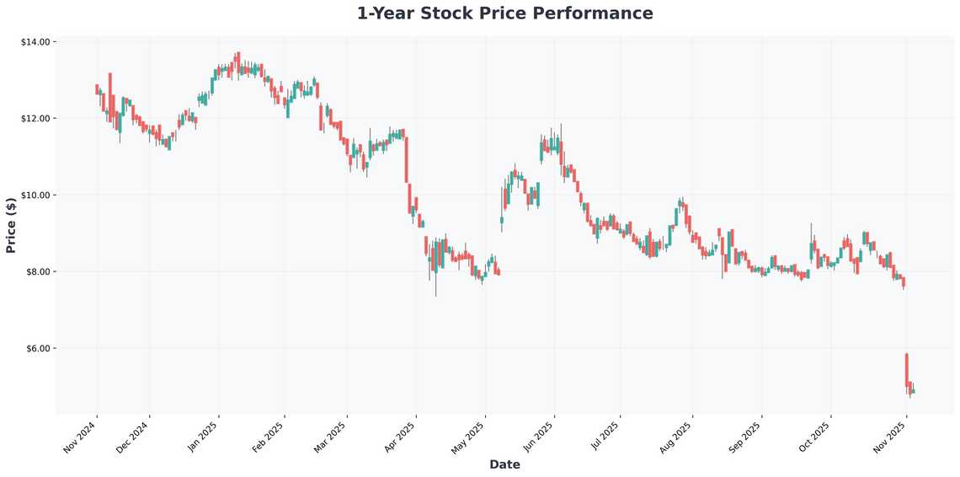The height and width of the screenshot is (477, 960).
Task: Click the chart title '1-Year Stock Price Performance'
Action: coord(504,13)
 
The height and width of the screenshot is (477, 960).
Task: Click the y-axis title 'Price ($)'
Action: coord(11,225)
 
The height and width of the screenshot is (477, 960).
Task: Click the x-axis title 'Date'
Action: coord(504,464)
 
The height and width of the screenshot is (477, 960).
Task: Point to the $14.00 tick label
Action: coord(38,41)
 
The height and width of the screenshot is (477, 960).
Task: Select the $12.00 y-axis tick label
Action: coord(38,118)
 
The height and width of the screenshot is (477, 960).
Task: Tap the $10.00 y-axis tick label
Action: coord(38,195)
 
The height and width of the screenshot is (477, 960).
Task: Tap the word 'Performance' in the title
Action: coord(600,13)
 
